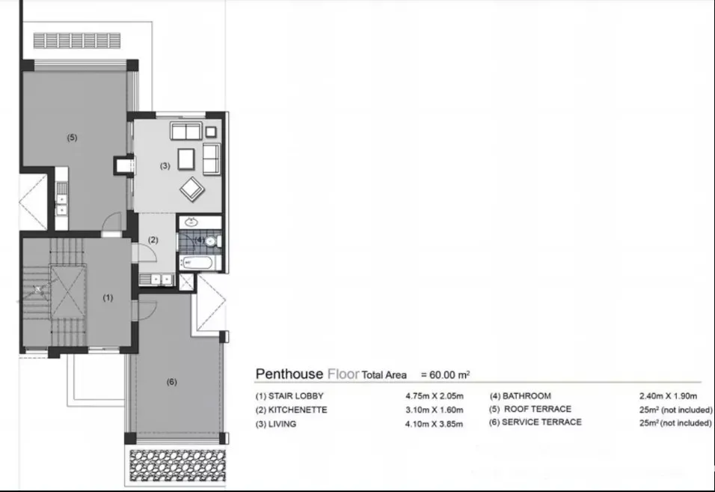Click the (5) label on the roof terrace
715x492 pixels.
coord(72,137)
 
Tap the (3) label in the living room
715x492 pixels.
coord(165,165)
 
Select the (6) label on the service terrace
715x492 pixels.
coord(171,382)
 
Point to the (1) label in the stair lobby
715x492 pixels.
coord(108,297)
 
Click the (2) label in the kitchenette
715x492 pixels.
coord(153,240)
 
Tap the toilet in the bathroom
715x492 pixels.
coord(213,241)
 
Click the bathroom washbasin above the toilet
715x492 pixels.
coord(191,222)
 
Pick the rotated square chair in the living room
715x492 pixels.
coord(192,189)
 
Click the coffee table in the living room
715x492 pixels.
coord(186,159)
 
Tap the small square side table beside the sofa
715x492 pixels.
coord(211,132)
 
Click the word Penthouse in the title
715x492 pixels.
coord(289,374)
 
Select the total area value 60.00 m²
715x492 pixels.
coord(445,374)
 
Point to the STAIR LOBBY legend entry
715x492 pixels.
coord(289,396)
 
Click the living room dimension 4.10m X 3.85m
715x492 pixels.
coord(434,424)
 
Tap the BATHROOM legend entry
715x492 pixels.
coord(521,396)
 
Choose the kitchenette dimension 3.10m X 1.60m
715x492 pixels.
coord(435,410)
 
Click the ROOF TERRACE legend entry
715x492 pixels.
coord(530,409)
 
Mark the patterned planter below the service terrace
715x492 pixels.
coord(178,466)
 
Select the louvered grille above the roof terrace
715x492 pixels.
coord(77,40)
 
